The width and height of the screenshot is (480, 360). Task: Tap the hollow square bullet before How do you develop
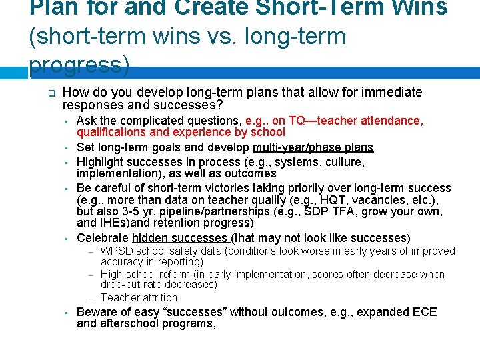pyautogui.click(x=50, y=93)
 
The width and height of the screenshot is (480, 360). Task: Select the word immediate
pyautogui.click(x=392, y=92)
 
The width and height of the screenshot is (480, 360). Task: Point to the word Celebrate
pyautogui.click(x=103, y=238)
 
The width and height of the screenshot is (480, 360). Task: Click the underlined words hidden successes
pyautogui.click(x=180, y=238)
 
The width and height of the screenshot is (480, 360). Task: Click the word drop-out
pyautogui.click(x=122, y=285)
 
